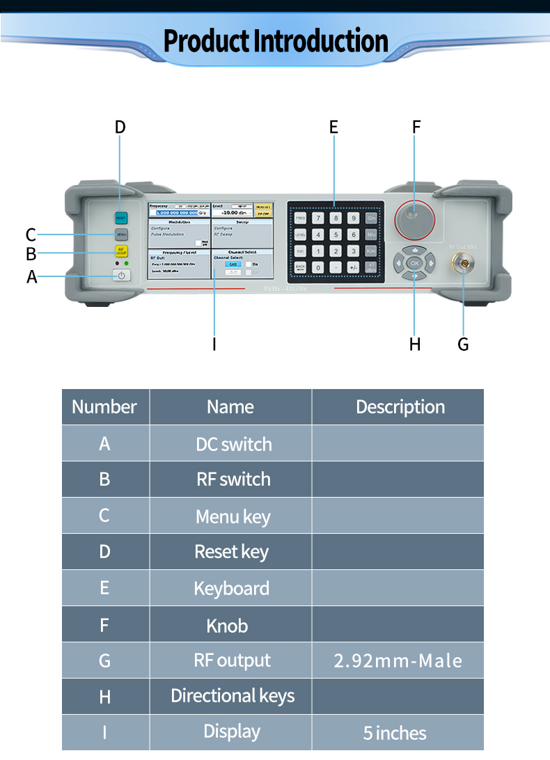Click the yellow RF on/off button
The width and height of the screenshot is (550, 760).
click(x=121, y=251)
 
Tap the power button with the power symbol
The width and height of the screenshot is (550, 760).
click(x=121, y=276)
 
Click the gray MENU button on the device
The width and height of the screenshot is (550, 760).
click(x=121, y=235)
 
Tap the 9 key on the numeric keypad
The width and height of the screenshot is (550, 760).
click(x=353, y=218)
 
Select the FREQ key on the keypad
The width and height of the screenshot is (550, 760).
click(x=300, y=218)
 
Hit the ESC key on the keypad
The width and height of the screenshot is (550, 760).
click(x=300, y=251)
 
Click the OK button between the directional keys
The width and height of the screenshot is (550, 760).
click(x=414, y=263)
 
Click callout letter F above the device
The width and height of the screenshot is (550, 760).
click(x=416, y=127)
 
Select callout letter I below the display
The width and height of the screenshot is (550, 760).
click(x=214, y=344)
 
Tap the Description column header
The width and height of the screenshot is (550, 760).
click(x=400, y=407)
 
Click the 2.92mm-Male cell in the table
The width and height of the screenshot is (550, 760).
click(x=398, y=660)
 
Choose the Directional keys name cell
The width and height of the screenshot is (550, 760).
click(x=233, y=696)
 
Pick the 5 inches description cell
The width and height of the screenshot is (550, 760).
click(x=395, y=732)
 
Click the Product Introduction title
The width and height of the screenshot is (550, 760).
click(x=275, y=42)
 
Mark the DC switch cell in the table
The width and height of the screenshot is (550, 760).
click(x=233, y=444)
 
